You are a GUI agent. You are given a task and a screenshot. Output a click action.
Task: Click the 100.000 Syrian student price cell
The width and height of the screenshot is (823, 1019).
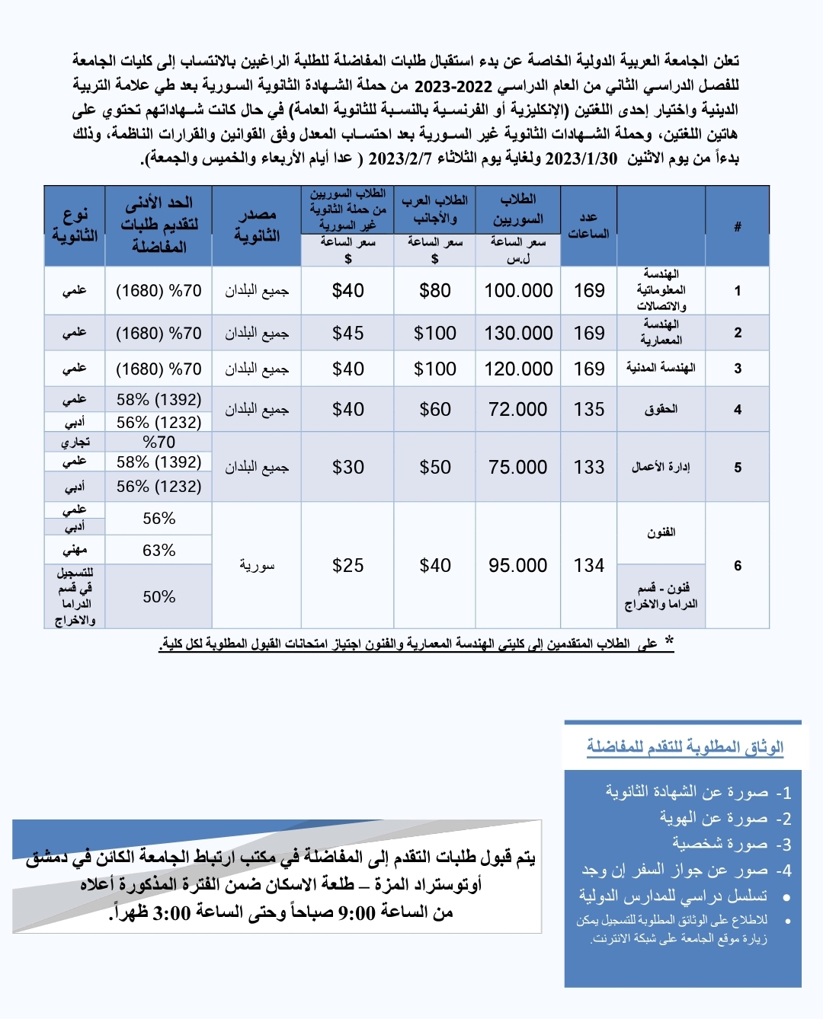click(518, 290)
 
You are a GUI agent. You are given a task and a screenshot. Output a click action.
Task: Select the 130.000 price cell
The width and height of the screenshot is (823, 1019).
click(518, 333)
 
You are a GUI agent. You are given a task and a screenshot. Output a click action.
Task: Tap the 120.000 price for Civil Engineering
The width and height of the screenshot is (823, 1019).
click(518, 369)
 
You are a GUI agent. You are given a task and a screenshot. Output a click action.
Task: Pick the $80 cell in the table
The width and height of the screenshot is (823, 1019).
click(434, 290)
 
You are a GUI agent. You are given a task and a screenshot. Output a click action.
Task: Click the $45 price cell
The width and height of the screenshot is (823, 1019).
click(347, 333)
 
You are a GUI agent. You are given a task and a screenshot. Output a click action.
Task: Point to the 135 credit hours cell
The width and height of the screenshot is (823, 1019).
click(589, 409)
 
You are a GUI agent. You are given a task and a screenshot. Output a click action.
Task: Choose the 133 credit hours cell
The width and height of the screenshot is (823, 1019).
click(589, 467)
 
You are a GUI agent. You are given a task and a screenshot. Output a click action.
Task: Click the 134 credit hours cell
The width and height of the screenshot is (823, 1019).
click(589, 565)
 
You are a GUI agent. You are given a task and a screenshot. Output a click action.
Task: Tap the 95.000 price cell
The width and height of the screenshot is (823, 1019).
click(518, 565)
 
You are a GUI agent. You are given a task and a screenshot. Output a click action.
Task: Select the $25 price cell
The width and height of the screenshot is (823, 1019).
click(347, 565)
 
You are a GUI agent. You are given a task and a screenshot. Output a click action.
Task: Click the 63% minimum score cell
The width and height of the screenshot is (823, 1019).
click(159, 550)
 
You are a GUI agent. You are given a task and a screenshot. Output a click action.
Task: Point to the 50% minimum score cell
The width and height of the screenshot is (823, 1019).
click(159, 596)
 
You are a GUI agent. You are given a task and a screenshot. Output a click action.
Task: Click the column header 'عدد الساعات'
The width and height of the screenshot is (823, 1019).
click(588, 225)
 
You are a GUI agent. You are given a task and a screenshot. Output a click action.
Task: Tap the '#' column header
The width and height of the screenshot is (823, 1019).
click(737, 226)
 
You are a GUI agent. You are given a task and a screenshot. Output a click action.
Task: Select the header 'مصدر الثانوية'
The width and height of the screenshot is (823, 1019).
click(257, 225)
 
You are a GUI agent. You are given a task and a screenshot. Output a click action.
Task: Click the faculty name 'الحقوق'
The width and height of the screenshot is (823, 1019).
click(661, 409)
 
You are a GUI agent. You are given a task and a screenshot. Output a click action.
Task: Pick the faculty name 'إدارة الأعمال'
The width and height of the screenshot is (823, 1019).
click(661, 467)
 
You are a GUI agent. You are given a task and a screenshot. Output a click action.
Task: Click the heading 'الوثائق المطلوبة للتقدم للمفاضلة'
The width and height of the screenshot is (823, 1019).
click(684, 746)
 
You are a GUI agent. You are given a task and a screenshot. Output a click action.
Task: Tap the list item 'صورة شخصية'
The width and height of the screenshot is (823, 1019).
click(720, 844)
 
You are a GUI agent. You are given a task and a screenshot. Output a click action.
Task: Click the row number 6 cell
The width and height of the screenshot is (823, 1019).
click(737, 565)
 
